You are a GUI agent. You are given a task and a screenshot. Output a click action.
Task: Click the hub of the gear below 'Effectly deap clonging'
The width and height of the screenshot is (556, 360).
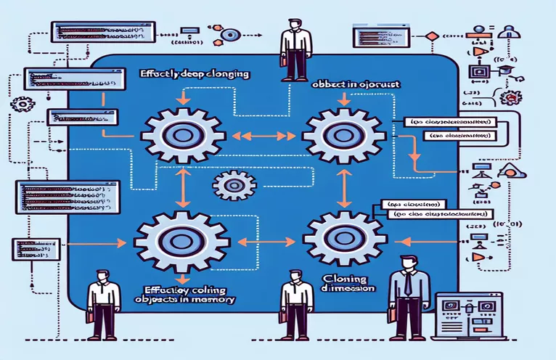[176, 134]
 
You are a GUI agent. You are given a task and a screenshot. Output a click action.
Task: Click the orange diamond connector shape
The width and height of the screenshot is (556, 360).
[432, 35]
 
